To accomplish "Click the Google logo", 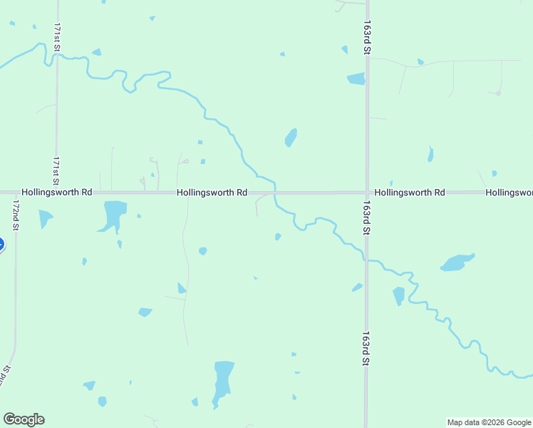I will point(24,419).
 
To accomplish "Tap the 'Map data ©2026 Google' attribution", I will point(490,422).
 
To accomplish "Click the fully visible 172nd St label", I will point(15,215).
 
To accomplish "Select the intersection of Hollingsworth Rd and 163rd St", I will point(367,193).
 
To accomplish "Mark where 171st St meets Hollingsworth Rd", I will point(56,193).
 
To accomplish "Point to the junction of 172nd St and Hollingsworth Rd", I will point(16,193).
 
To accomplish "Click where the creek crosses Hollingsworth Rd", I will point(275,193).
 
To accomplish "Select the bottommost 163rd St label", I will point(366,348).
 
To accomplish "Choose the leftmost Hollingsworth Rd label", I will point(57,193).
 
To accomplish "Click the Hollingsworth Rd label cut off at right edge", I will point(509,193).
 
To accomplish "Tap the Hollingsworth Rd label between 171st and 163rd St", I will point(212,193).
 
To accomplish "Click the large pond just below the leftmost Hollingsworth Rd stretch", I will point(113,215).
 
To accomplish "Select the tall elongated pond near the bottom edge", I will point(223,382).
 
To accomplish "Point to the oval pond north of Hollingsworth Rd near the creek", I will point(291,137).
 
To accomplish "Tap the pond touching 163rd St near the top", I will point(356,78).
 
